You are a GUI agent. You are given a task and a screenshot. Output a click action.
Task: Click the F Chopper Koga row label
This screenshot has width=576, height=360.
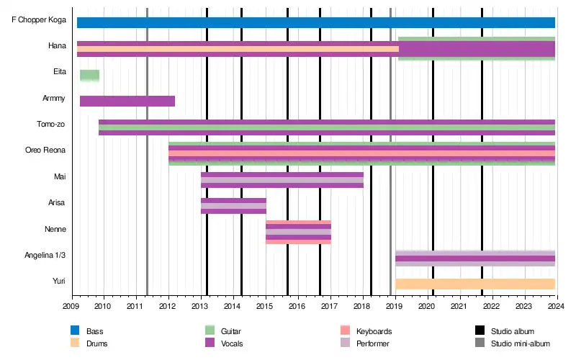click(x=39, y=19)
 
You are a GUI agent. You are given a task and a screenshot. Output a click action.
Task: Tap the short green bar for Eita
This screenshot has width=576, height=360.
click(x=89, y=75)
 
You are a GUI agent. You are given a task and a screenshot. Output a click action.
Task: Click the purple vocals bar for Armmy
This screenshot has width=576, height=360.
click(x=127, y=101)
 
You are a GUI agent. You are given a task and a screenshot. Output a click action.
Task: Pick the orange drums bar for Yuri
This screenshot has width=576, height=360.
click(x=475, y=284)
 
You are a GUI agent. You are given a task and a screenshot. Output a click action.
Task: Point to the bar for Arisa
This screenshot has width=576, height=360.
click(x=233, y=206)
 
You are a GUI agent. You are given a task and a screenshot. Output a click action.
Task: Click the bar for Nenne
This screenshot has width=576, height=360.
click(x=298, y=232)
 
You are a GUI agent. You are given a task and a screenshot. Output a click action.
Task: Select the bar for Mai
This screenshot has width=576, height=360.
click(x=282, y=180)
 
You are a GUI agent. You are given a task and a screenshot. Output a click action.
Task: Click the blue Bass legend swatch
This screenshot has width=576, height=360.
click(x=75, y=330)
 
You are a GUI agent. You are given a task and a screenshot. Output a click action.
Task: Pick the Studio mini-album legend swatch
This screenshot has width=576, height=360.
click(x=480, y=343)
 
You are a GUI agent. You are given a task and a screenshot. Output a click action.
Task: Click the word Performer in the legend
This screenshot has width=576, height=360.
click(x=372, y=343)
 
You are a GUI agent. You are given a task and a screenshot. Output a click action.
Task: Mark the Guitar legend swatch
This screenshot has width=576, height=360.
click(x=210, y=330)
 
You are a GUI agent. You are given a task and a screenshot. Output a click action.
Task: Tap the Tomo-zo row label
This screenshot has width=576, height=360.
click(x=52, y=124)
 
